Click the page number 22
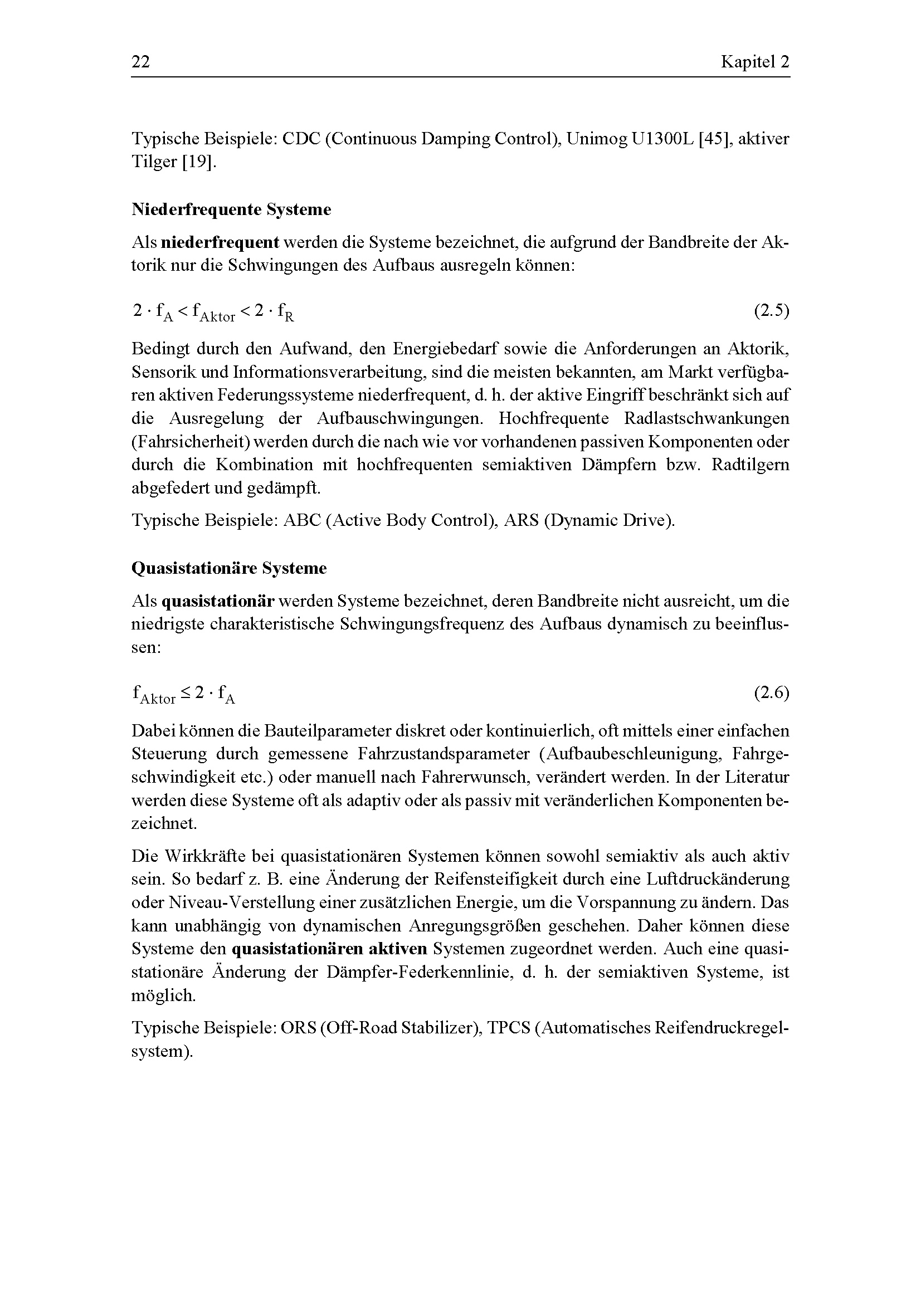(141, 61)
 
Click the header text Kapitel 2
(755, 61)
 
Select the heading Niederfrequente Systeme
(231, 209)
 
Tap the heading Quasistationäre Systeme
(228, 568)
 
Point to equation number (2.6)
(771, 692)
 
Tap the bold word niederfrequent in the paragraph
(220, 243)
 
